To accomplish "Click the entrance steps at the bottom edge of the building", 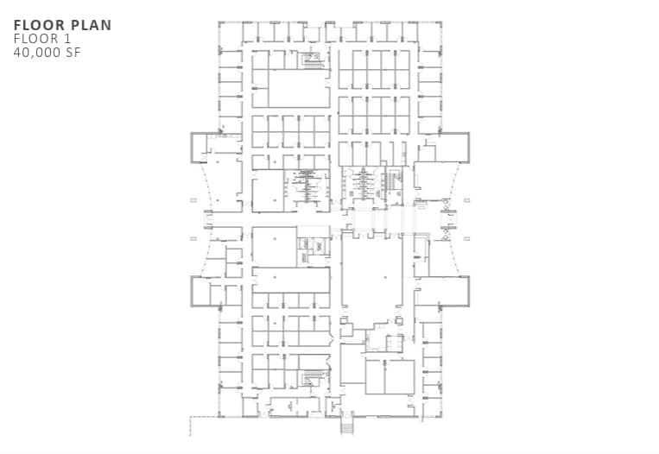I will point(347,426).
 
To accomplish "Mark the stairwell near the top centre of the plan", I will point(311,60).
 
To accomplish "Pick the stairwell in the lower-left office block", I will point(313,378).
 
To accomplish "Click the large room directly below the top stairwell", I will point(298,88).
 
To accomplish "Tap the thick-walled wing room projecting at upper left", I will point(205,147).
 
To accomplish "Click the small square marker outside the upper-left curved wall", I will point(193,199).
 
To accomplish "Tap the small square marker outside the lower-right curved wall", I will point(466,238).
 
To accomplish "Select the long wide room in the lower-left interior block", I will point(291,280).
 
